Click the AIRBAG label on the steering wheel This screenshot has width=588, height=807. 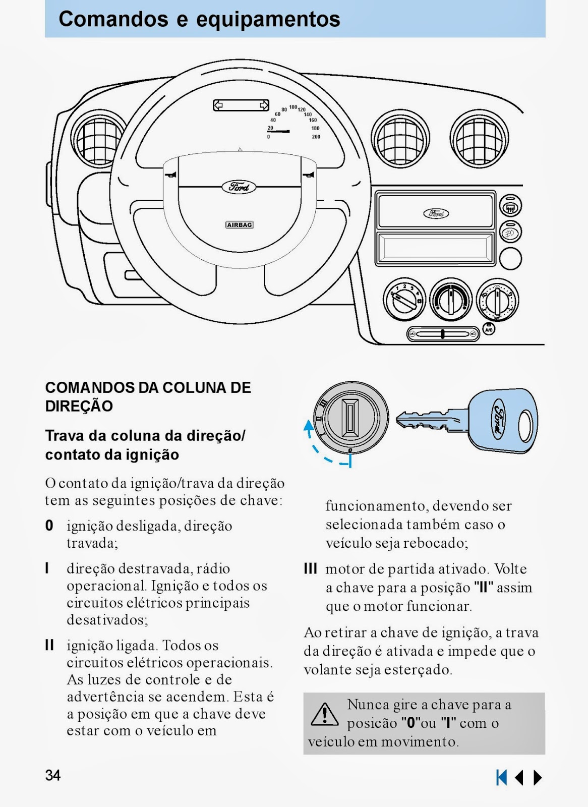(240, 225)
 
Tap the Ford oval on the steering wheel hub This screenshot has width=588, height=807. (239, 187)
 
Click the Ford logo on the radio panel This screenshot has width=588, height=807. (436, 213)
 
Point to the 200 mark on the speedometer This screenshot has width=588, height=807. (316, 137)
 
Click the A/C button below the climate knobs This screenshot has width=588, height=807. (488, 329)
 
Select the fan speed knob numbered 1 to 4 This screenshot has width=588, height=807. (404, 299)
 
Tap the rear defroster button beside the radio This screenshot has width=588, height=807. (510, 207)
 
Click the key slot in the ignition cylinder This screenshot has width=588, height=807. (350, 418)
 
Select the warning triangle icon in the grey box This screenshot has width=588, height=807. (325, 715)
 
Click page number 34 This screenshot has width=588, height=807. (53, 775)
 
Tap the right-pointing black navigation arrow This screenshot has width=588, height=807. (538, 777)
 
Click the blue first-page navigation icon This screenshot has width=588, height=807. (501, 777)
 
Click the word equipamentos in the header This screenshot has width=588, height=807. (268, 19)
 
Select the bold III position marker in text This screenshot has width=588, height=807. (311, 569)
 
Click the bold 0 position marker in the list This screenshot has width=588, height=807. (49, 526)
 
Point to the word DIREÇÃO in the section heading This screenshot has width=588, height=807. (79, 406)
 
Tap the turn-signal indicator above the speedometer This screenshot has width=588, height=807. (241, 105)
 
